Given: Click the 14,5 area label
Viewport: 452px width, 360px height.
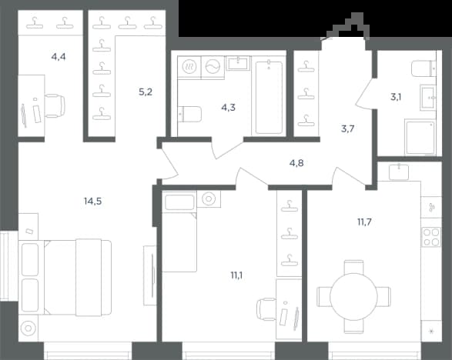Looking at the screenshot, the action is click(x=93, y=201).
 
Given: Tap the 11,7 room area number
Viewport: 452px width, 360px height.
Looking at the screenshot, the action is click(x=364, y=222).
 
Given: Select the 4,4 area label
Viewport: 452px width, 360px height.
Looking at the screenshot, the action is click(x=59, y=57).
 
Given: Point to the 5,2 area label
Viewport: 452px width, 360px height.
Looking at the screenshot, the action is click(x=146, y=92).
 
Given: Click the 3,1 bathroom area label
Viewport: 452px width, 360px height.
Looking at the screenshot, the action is click(x=396, y=98).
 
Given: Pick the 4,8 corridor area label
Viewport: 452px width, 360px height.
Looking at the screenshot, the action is click(x=296, y=163).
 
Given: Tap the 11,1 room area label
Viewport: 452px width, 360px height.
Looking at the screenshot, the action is click(x=236, y=275).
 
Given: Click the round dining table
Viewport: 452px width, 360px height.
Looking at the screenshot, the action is click(x=353, y=297).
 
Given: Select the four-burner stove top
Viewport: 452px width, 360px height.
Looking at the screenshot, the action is click(x=431, y=237).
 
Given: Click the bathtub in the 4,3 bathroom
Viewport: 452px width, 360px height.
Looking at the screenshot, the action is click(x=269, y=97).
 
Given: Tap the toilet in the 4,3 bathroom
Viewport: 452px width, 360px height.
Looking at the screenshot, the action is click(x=189, y=114).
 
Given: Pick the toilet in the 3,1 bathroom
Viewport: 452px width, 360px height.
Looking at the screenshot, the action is click(x=424, y=68).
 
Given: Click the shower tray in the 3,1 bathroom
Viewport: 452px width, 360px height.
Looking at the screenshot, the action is click(x=420, y=138).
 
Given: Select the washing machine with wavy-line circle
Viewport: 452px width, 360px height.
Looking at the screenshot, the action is click(x=213, y=67).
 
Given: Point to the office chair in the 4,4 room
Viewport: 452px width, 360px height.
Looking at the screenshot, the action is click(x=55, y=105).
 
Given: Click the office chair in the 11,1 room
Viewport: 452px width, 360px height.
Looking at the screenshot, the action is click(x=266, y=309).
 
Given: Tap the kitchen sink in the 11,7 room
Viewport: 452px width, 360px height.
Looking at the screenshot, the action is click(x=399, y=172).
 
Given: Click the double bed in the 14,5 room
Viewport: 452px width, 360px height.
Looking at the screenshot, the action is click(x=65, y=278).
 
